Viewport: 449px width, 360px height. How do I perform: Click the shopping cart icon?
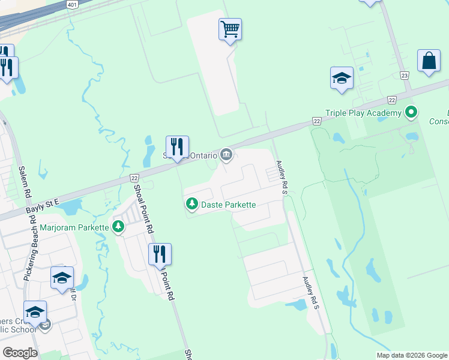[231, 29]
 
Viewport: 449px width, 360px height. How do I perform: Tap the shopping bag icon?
[429, 61]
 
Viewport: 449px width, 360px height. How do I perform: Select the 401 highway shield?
[72, 5]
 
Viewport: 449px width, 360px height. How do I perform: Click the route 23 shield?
[405, 76]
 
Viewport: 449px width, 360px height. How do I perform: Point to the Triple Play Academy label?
[363, 113]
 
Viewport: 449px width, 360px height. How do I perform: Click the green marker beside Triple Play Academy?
[411, 112]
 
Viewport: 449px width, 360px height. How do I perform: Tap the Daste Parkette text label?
[228, 205]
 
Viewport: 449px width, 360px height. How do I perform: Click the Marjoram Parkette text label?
[74, 227]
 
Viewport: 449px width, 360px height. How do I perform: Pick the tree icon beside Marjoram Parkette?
[119, 227]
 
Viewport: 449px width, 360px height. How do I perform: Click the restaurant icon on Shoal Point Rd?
[160, 254]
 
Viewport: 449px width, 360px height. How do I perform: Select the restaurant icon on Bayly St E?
[177, 146]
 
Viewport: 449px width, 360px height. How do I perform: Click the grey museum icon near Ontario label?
[226, 155]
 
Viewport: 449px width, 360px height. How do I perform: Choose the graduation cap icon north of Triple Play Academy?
[342, 78]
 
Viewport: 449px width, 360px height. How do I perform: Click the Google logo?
[20, 353]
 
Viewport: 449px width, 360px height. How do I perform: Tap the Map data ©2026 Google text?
[412, 355]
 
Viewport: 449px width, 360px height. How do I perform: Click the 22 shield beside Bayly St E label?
[134, 178]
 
